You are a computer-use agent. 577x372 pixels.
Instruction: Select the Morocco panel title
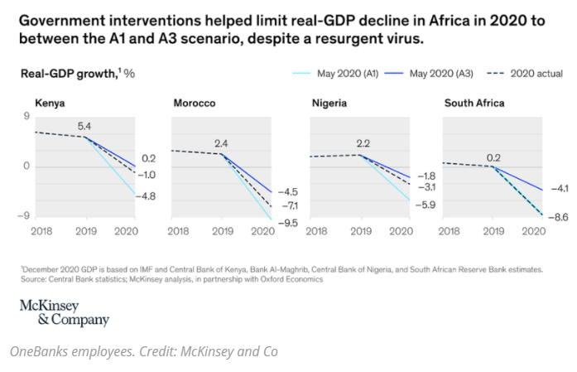(195, 104)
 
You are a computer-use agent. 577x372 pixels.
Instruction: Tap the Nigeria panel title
(330, 104)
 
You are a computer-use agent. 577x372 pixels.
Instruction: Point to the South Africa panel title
(474, 104)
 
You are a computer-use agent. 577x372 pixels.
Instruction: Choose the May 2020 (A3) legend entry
(432, 74)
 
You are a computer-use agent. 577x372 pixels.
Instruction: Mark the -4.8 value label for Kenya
(147, 196)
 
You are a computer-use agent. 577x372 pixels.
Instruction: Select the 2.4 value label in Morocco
(221, 143)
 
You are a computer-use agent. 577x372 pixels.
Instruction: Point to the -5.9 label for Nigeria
(426, 204)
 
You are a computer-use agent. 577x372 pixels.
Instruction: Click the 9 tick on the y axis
(26, 117)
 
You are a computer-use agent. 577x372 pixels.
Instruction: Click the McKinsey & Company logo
(64, 313)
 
